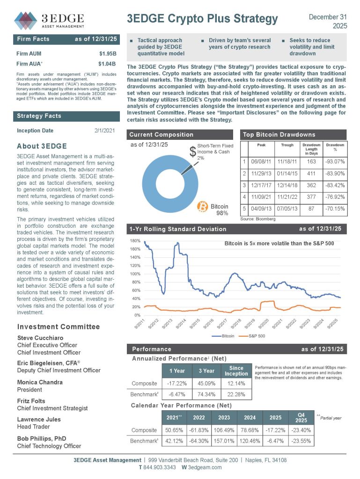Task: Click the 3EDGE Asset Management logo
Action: pos(49,19)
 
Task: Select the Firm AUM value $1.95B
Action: pos(107,53)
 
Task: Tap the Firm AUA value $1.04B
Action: pos(107,63)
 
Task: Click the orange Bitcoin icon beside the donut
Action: pos(203,206)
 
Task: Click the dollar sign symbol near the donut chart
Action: pos(192,152)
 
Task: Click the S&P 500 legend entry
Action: pos(252,336)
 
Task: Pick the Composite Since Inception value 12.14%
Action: pos(236,384)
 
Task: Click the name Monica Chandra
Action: pos(40,382)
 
